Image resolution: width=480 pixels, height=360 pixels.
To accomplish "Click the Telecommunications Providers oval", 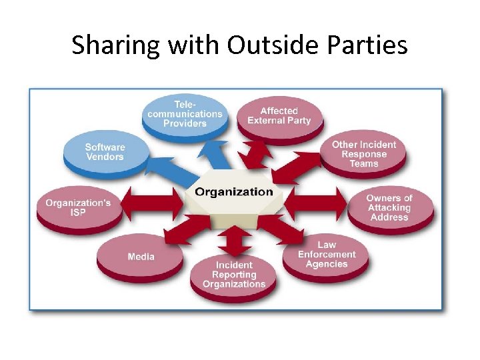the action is (185, 114).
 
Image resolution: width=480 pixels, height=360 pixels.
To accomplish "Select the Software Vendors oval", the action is (105, 153).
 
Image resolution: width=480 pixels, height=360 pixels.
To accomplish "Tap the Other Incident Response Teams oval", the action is (363, 154).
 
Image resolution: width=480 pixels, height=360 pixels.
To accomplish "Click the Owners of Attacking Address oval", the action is (389, 207).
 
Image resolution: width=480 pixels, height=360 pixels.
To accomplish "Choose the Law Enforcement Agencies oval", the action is (327, 255).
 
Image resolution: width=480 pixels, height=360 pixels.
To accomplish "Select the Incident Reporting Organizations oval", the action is (234, 275).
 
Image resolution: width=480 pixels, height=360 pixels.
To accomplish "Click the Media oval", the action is (141, 257).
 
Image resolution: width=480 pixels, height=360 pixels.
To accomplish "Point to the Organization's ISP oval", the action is (78, 208).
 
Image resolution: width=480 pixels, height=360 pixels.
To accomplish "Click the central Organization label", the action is (234, 192).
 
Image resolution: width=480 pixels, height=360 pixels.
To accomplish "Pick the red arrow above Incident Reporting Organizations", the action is (234, 237).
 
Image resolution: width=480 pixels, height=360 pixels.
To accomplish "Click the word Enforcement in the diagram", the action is (327, 255).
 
